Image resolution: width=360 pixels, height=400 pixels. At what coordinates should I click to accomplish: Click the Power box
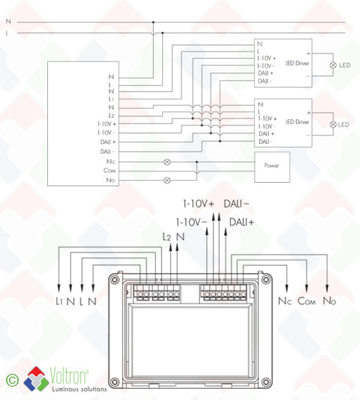pyautogui.click(x=272, y=167)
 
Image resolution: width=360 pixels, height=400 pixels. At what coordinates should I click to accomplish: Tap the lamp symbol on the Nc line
pyautogui.click(x=167, y=162)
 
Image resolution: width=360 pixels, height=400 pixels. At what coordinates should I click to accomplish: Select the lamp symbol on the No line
pyautogui.click(x=167, y=181)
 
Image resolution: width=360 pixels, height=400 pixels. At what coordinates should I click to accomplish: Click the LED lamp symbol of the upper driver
pyautogui.click(x=333, y=65)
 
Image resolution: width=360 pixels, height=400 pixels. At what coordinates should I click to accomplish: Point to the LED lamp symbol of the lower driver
pyautogui.click(x=333, y=124)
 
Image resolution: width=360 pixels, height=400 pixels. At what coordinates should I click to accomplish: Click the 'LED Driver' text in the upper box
pyautogui.click(x=297, y=63)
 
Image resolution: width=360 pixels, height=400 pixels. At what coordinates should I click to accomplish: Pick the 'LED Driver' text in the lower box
pyautogui.click(x=297, y=122)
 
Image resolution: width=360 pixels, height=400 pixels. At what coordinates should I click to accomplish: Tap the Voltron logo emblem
pyautogui.click(x=36, y=379)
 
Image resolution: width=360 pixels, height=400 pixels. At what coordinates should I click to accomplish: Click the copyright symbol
pyautogui.click(x=12, y=380)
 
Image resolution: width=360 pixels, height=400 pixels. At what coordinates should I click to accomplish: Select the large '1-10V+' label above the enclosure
pyautogui.click(x=198, y=204)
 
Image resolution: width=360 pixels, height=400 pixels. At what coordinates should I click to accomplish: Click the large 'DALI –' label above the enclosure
pyautogui.click(x=236, y=204)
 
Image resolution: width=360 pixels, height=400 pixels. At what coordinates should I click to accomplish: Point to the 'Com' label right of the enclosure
pyautogui.click(x=306, y=301)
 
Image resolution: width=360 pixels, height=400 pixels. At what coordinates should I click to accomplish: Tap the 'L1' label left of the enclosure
pyautogui.click(x=59, y=301)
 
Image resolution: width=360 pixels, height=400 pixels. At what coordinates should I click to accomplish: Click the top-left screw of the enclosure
pyautogui.click(x=115, y=279)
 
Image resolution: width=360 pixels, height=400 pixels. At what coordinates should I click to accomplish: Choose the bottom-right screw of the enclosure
pyautogui.click(x=266, y=382)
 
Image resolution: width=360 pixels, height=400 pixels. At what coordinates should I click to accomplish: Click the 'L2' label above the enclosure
pyautogui.click(x=167, y=237)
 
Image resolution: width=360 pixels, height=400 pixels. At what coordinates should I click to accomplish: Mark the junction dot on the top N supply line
pyautogui.click(x=153, y=22)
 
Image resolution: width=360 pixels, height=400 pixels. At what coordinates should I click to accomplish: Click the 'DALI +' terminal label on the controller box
pyautogui.click(x=108, y=142)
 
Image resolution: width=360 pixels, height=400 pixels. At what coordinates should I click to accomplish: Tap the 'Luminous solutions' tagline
pyautogui.click(x=79, y=389)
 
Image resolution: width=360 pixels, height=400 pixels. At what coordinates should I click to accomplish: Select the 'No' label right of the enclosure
pyautogui.click(x=330, y=301)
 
